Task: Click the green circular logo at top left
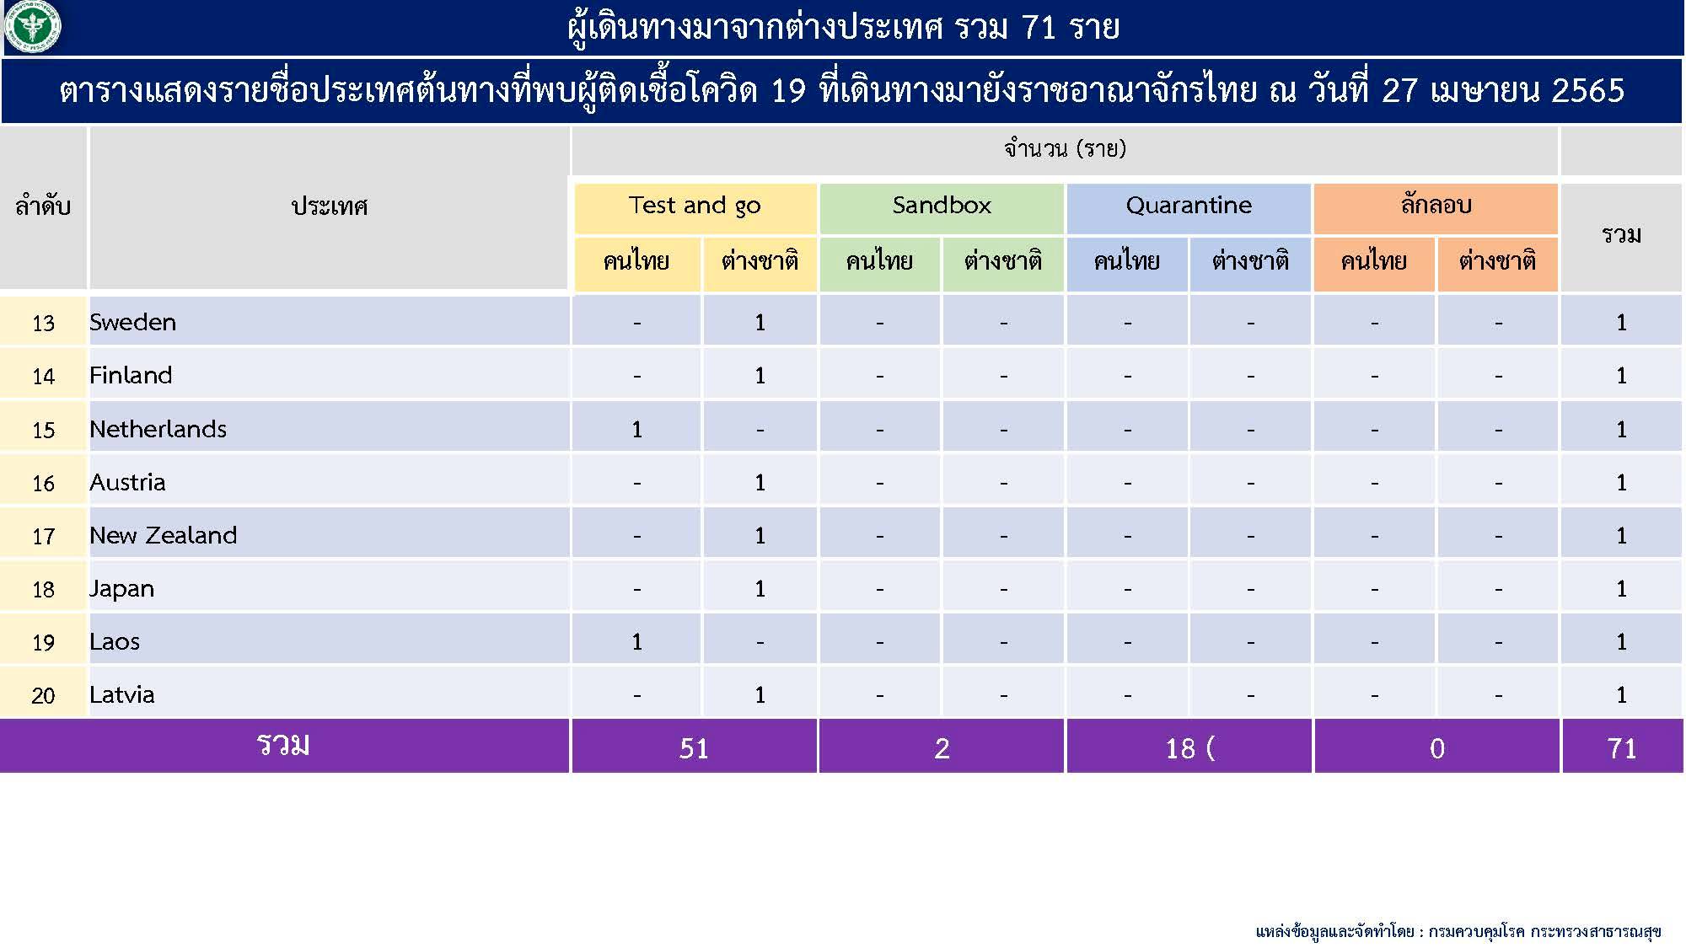[33, 27]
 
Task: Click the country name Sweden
[132, 322]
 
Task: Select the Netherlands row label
[158, 429]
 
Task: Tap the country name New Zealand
[163, 535]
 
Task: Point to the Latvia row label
[122, 694]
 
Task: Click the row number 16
[43, 483]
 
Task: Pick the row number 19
[43, 642]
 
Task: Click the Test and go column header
[695, 206]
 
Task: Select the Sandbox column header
[942, 205]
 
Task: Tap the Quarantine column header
[1189, 205]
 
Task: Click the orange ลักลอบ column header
[1436, 205]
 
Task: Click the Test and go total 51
[694, 748]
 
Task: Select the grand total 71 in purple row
[1622, 748]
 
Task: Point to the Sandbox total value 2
[942, 748]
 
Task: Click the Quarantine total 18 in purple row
[1180, 748]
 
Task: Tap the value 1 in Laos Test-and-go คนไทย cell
[637, 642]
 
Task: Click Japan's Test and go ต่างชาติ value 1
[760, 589]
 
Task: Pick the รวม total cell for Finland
[1621, 376]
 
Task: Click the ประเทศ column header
[330, 206]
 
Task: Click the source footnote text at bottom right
[1458, 931]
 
